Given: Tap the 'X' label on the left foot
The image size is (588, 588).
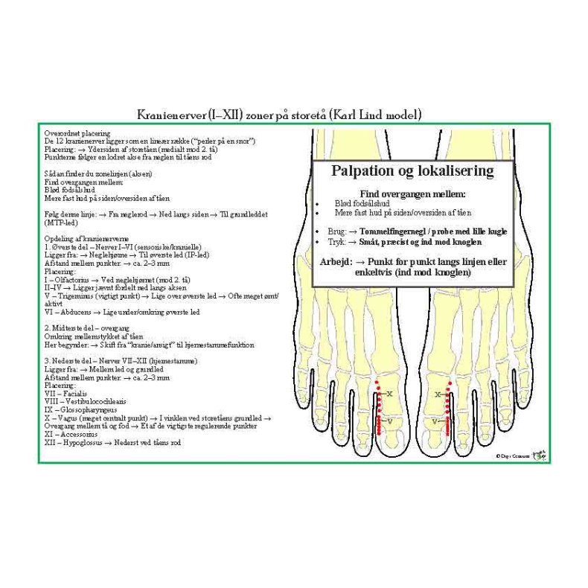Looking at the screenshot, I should [389, 392].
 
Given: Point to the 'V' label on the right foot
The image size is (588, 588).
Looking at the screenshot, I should [434, 421].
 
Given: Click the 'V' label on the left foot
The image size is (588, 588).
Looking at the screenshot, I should [389, 421].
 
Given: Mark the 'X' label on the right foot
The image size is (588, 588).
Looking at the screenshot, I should [438, 394].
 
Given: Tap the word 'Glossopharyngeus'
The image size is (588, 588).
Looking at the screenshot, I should [83, 409].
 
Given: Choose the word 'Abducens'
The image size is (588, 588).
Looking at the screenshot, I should [75, 313].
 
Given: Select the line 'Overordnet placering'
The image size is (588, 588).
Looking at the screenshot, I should [77, 132].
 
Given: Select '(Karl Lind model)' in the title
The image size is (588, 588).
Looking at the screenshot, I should [376, 115].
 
